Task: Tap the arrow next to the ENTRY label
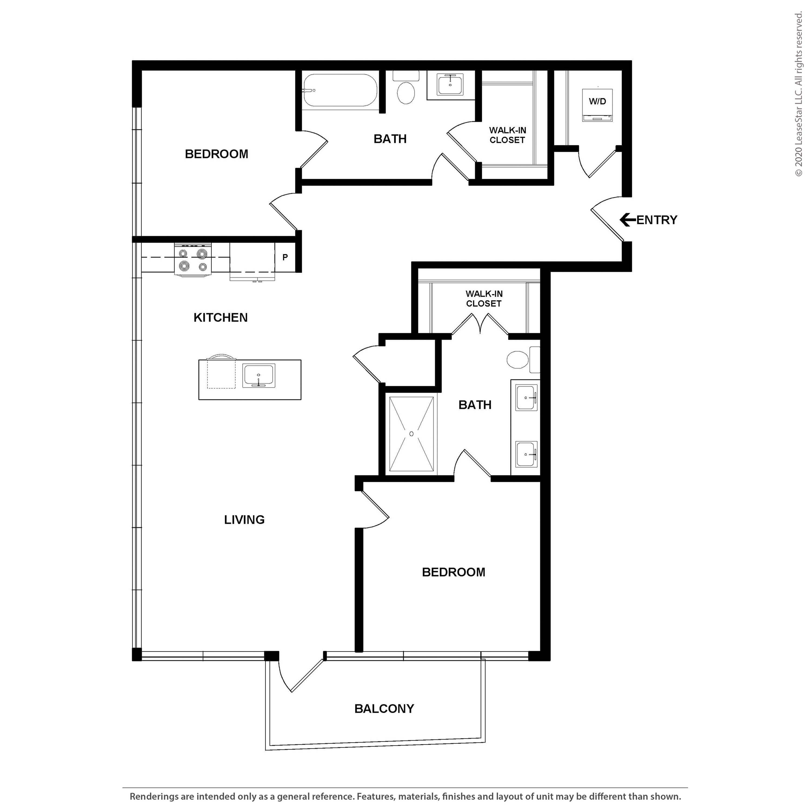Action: tap(627, 220)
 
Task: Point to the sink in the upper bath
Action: tap(450, 85)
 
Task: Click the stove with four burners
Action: tap(193, 260)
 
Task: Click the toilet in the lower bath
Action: tap(520, 360)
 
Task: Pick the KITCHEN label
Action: tap(220, 317)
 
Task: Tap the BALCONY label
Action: tap(384, 709)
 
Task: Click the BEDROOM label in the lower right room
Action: tap(453, 572)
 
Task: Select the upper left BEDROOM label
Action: tap(216, 154)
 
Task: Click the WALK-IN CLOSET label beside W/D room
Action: tap(507, 135)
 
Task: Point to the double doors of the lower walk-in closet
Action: tap(480, 325)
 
